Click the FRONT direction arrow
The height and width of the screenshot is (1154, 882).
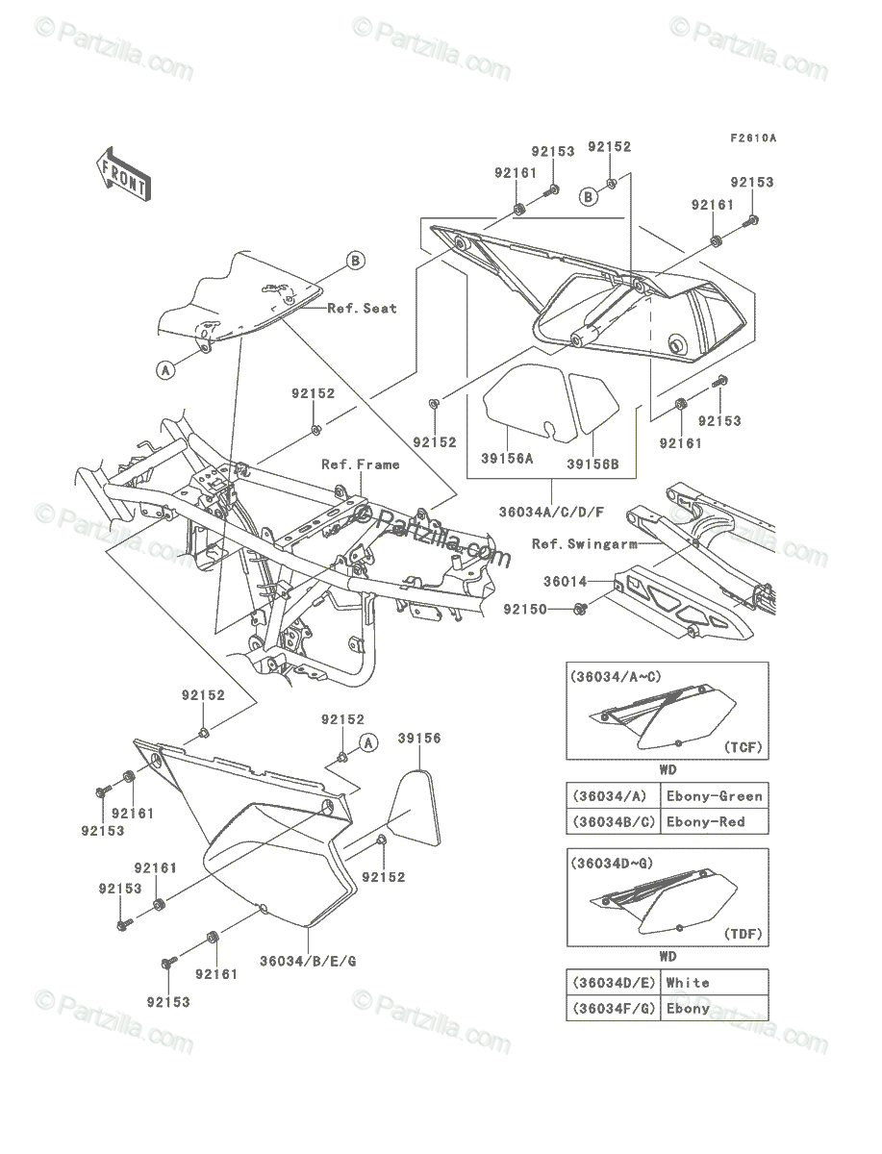[x=123, y=174]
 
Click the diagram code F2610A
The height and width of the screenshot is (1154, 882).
[x=753, y=138]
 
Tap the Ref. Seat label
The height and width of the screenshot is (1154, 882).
[x=363, y=308]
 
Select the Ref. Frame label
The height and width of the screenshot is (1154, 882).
[x=361, y=464]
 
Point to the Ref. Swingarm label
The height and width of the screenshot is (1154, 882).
[x=585, y=543]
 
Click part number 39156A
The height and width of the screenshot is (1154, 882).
[x=507, y=459]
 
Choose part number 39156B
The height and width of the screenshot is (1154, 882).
[x=592, y=464]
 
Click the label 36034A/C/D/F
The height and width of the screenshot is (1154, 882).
[x=551, y=512]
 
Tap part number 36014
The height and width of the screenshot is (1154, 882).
[x=565, y=582]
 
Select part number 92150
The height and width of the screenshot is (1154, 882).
[x=525, y=609]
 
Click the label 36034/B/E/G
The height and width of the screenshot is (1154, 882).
[x=308, y=961]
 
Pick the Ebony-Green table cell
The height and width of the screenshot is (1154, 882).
[x=715, y=796]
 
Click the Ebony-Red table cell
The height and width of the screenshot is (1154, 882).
[x=715, y=821]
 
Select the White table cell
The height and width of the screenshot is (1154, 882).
[x=715, y=982]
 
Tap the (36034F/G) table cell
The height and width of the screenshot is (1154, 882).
[x=614, y=1008]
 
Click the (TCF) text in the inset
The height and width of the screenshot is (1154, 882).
[x=743, y=747]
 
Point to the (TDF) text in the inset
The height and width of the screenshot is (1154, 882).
[x=743, y=934]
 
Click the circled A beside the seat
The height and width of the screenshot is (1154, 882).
[x=166, y=370]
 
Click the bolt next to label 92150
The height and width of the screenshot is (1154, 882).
[x=580, y=609]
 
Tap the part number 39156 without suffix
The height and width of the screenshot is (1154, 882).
[x=419, y=738]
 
